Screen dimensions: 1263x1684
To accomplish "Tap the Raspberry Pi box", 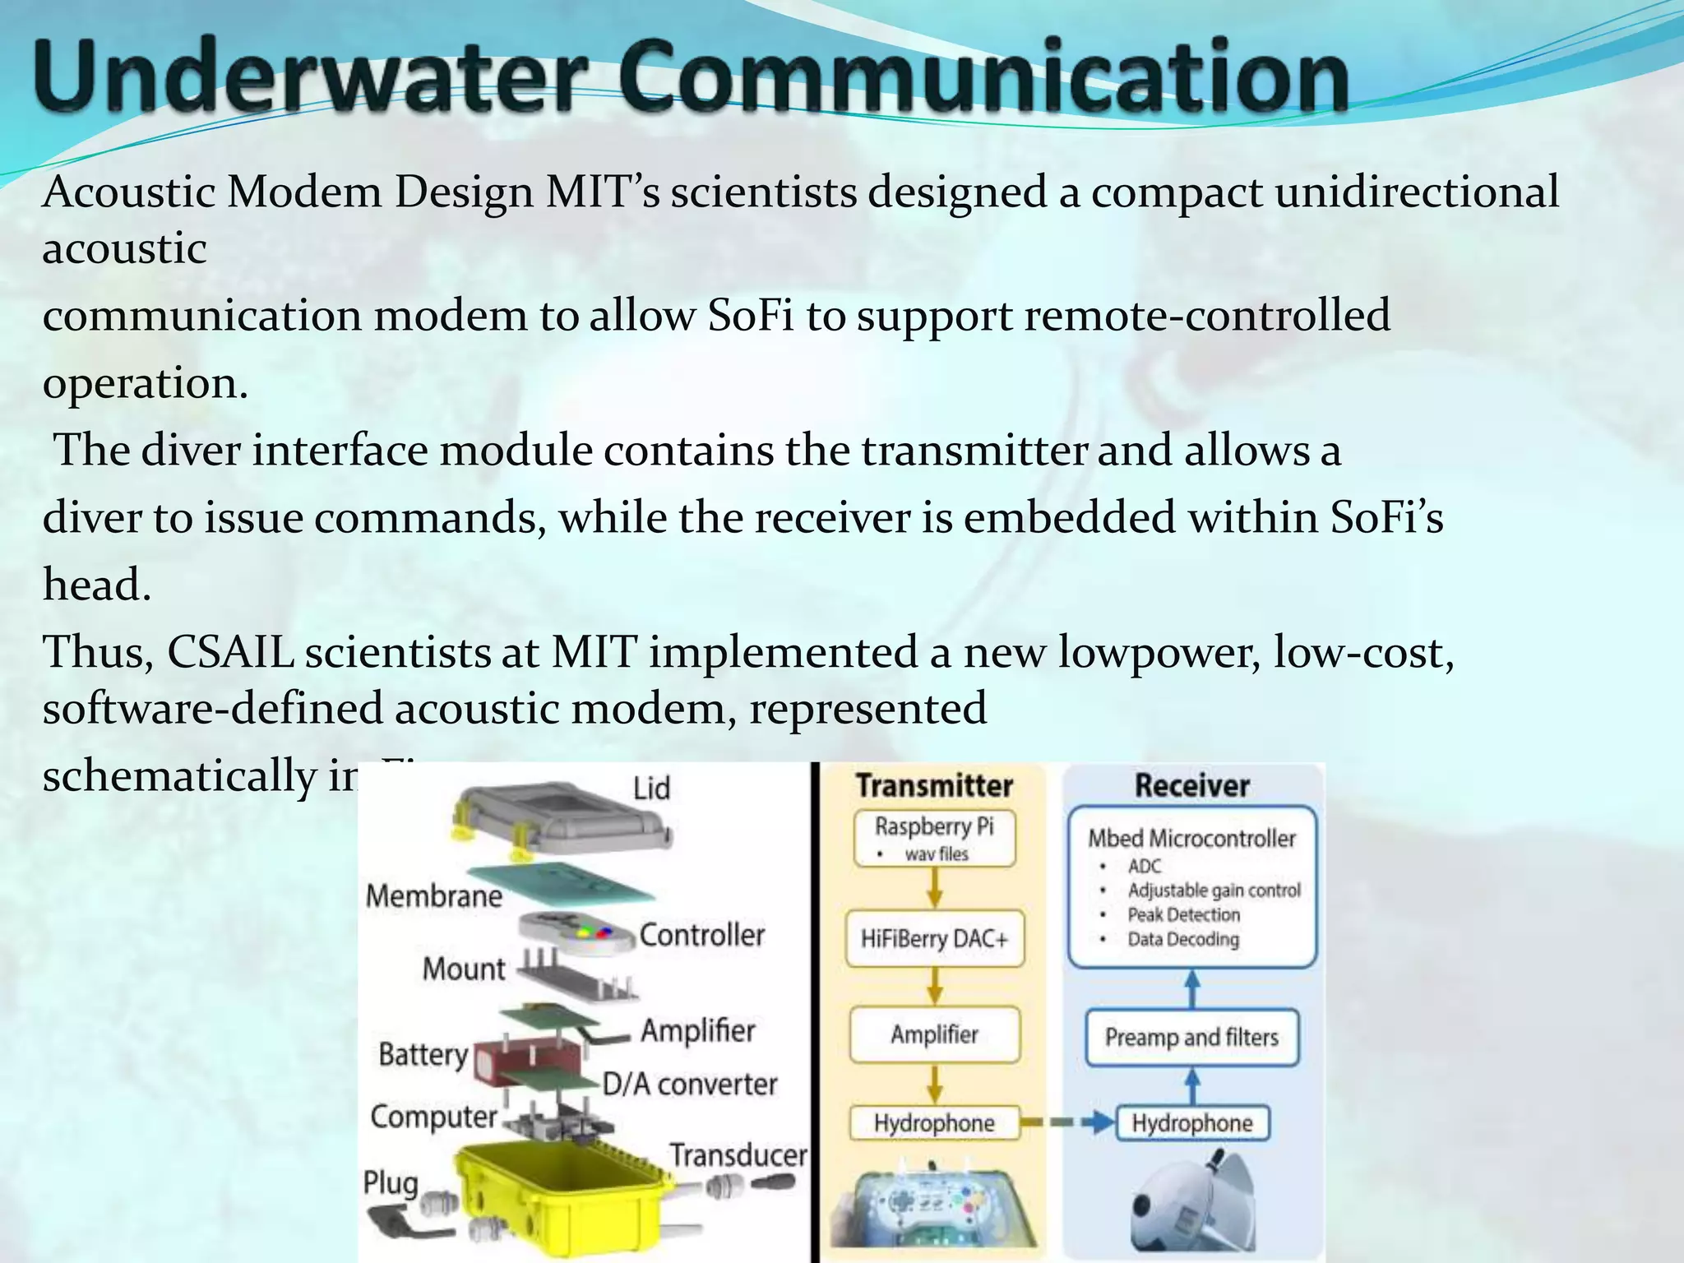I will click(935, 838).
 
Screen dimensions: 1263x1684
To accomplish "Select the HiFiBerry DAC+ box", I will click(935, 938).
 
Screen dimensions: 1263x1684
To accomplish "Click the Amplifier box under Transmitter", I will click(935, 1034).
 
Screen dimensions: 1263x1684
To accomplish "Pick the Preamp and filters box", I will click(1191, 1038).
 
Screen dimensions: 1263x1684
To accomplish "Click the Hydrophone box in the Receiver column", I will click(1191, 1123).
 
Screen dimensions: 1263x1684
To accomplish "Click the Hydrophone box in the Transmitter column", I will click(935, 1123).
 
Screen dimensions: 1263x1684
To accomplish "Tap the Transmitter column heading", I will click(935, 785).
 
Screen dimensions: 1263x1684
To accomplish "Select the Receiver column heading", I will click(1191, 785).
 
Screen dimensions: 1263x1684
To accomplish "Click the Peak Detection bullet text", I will click(1183, 914).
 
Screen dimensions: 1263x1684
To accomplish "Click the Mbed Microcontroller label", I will click(1191, 838).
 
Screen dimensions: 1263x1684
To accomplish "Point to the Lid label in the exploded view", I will click(651, 789).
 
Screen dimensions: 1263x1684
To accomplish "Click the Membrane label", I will click(433, 895).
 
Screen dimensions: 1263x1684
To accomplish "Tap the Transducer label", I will click(738, 1155).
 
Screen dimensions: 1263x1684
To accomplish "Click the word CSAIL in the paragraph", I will click(230, 653).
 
